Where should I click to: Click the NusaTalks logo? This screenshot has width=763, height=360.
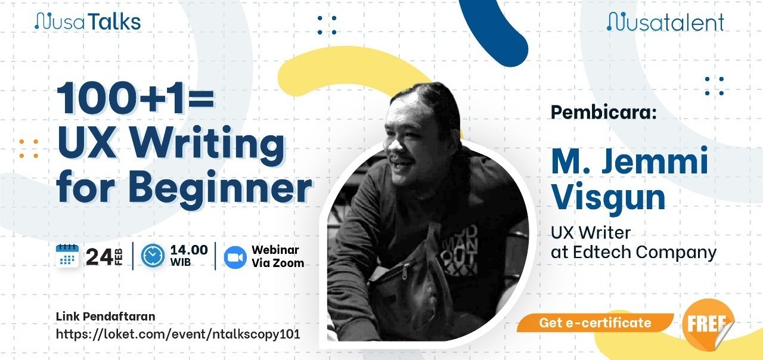[x=88, y=21]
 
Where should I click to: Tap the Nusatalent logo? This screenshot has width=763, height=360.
[x=666, y=22]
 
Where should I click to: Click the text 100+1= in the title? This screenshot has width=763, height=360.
[x=135, y=98]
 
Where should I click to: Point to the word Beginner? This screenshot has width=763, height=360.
[x=220, y=187]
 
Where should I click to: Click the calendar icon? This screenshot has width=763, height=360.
[x=67, y=256]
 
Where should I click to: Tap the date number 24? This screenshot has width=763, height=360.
[x=99, y=257]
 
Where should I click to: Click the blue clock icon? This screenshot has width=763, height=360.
[x=153, y=256]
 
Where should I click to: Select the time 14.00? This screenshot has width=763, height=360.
[x=189, y=250]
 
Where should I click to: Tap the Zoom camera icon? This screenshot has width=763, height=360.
[x=235, y=257]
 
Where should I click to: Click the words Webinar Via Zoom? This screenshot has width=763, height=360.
[x=278, y=256]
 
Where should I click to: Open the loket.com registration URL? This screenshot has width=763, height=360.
[x=178, y=334]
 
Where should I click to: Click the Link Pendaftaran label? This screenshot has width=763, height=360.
[x=106, y=316]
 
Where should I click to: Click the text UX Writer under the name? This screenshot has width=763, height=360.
[x=591, y=232]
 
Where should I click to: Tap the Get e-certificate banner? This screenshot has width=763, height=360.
[x=595, y=322]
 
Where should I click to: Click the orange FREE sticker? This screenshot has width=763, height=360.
[x=708, y=324]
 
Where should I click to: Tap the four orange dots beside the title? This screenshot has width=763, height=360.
[x=29, y=148]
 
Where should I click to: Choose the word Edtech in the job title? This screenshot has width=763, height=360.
[x=602, y=252]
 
